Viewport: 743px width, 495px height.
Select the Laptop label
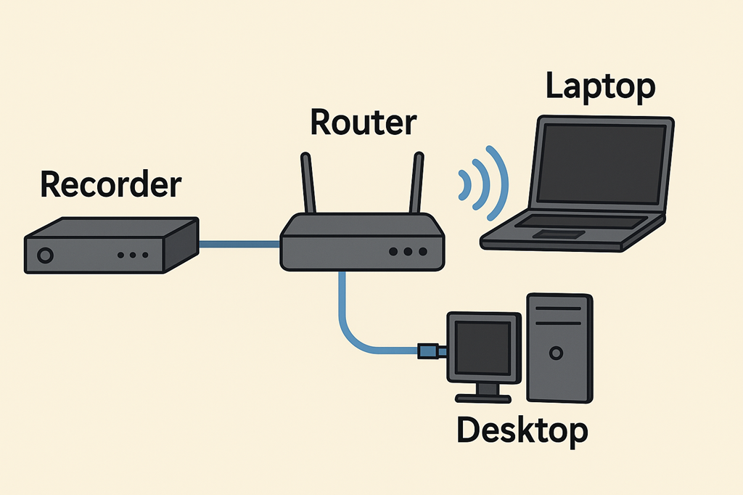[600, 86]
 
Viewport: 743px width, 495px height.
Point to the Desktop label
[522, 430]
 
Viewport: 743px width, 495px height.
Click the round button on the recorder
[45, 255]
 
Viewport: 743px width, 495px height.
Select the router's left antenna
[308, 183]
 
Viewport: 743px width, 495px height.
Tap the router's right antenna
[416, 183]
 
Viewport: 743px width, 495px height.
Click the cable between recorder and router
[239, 245]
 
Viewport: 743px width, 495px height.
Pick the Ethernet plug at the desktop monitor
[430, 351]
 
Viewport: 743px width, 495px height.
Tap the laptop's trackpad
[559, 234]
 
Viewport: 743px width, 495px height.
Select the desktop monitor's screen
[483, 347]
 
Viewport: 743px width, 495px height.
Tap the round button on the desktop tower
[556, 353]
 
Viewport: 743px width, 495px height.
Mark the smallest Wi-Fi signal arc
[461, 185]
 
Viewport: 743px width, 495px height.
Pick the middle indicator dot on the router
[408, 252]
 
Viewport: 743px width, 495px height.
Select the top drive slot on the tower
[558, 308]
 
